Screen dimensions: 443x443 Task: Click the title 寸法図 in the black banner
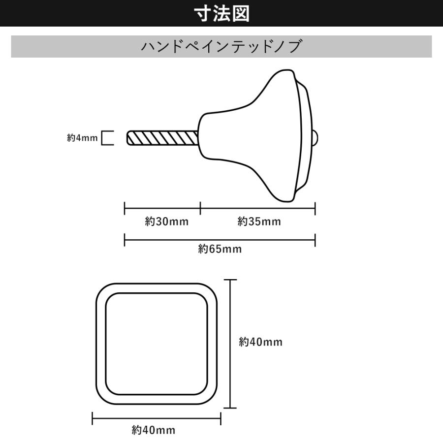click(x=221, y=13)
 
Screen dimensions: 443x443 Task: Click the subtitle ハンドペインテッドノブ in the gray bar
click(x=221, y=47)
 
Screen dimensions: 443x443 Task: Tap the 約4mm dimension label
click(x=82, y=138)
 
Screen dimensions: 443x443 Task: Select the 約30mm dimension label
click(x=167, y=221)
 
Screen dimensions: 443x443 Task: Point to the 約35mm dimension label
click(x=259, y=221)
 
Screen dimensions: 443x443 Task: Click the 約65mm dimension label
click(x=220, y=249)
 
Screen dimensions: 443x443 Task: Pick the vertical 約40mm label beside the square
click(x=260, y=342)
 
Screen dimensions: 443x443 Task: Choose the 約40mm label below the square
click(x=154, y=431)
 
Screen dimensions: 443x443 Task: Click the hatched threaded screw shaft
click(x=162, y=138)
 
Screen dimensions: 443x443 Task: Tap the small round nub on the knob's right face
click(x=316, y=138)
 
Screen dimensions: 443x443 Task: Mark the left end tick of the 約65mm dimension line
click(x=125, y=240)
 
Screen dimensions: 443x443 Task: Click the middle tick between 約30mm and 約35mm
click(x=200, y=208)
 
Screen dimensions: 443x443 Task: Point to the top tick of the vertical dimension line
click(x=230, y=280)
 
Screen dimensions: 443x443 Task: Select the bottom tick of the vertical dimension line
click(x=230, y=408)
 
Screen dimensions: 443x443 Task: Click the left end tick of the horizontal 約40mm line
click(x=93, y=419)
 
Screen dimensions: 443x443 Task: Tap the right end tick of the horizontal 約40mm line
click(x=221, y=419)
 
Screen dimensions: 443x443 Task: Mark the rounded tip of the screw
click(x=128, y=138)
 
